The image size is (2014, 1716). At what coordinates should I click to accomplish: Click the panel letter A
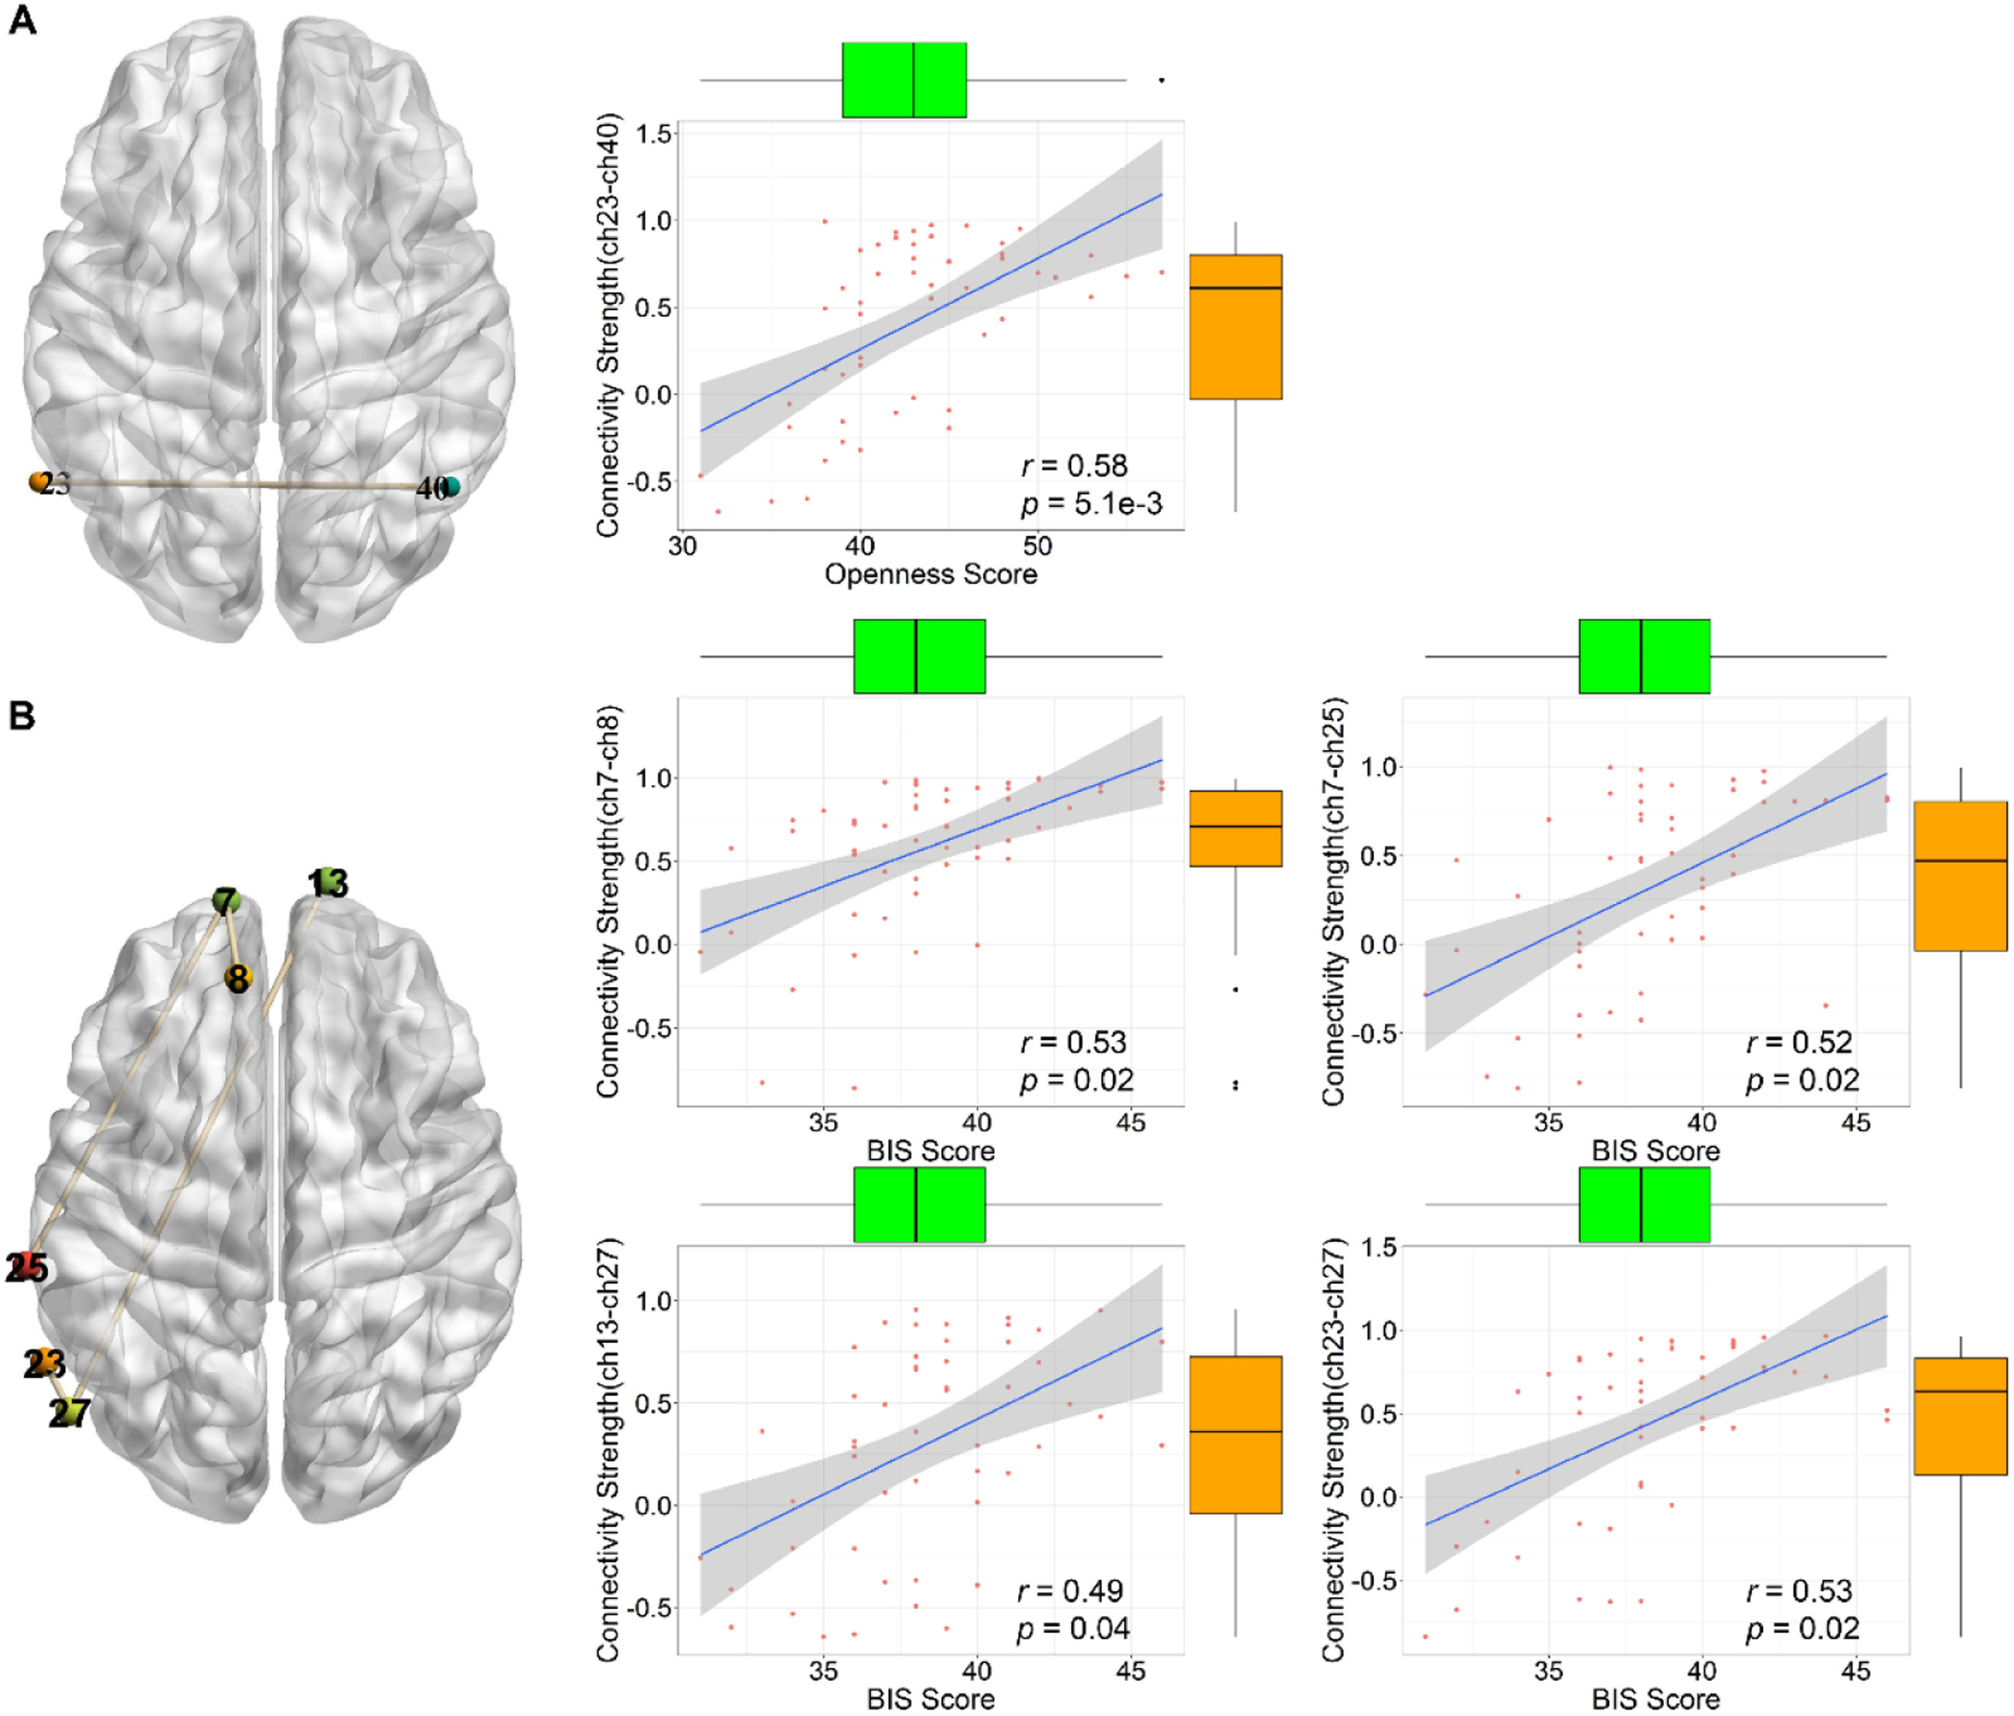(x=22, y=20)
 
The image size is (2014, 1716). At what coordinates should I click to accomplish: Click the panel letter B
(x=22, y=716)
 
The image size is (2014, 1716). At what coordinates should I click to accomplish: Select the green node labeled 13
(x=328, y=880)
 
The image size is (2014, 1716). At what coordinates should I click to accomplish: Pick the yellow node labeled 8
(x=237, y=978)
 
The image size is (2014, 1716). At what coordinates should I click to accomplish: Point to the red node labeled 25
(x=29, y=1267)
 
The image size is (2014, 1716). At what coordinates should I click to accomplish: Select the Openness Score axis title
(x=930, y=574)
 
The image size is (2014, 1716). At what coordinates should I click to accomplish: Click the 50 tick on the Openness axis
(x=1037, y=547)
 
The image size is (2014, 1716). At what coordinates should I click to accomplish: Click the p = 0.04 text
(x=1073, y=1628)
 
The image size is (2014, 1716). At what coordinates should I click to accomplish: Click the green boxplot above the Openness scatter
(x=903, y=80)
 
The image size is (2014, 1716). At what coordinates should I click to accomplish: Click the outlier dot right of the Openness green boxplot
(x=1162, y=80)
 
